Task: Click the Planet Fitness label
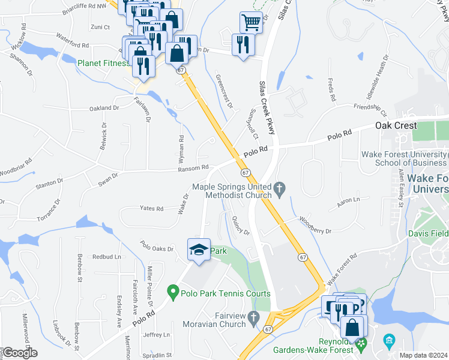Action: [103, 62]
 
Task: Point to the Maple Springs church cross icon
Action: [279, 190]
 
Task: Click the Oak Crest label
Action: [396, 126]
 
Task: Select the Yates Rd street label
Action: [151, 209]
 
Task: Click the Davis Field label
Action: [428, 233]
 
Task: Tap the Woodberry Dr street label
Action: [315, 226]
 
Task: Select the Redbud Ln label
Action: [106, 257]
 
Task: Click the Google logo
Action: [19, 353]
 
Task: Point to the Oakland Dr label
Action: [104, 108]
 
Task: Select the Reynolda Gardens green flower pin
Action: [361, 344]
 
